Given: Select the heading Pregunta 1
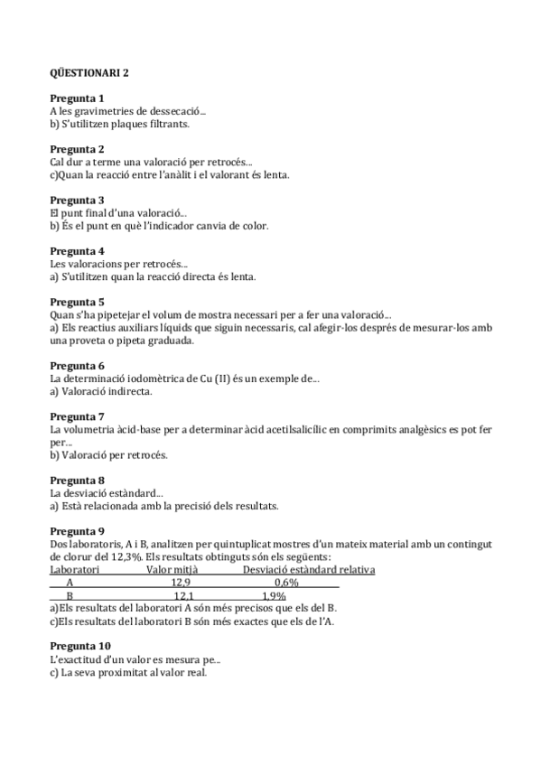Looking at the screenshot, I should (77, 98).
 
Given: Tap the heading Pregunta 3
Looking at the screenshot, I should (77, 200).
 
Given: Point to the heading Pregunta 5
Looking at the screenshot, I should (77, 302).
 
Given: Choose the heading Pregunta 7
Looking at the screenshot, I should (77, 416).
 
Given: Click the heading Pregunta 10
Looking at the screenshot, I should (80, 646).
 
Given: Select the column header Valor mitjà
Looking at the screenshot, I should (173, 570).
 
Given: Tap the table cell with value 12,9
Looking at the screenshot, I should (181, 584).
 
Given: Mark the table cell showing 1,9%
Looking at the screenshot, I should (274, 596).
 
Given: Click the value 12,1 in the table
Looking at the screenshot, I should (182, 596).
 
